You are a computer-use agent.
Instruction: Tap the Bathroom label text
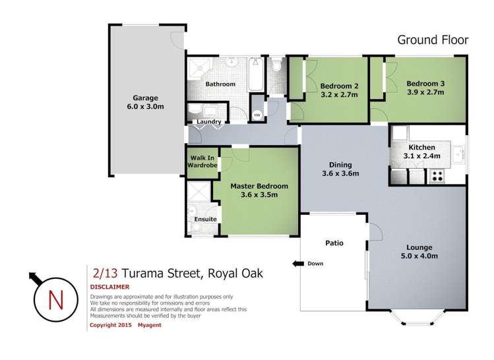pos(220,84)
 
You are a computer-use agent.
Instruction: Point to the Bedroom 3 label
pos(425,88)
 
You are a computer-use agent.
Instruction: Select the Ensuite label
pos(204,220)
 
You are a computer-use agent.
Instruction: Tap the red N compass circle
pos(56,299)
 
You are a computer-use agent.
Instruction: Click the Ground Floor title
pos(433,40)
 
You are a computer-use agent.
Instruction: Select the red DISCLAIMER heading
pos(109,287)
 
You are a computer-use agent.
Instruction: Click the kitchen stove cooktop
pos(437,176)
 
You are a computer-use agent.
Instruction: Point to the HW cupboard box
pos(257,112)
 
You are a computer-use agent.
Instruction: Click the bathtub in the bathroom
pos(256,75)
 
